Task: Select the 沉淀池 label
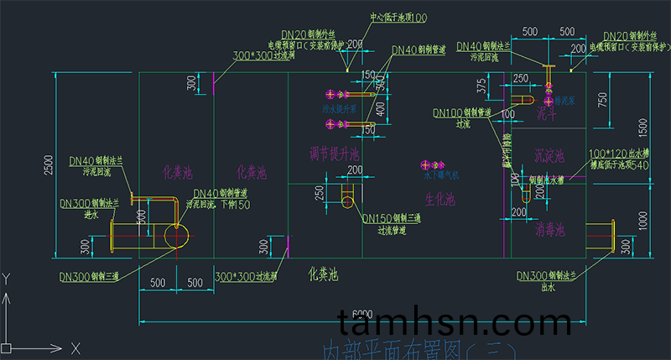tap(549, 156)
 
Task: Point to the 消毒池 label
tap(549, 228)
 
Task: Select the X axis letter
tap(75, 347)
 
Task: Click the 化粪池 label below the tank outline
tap(323, 274)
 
